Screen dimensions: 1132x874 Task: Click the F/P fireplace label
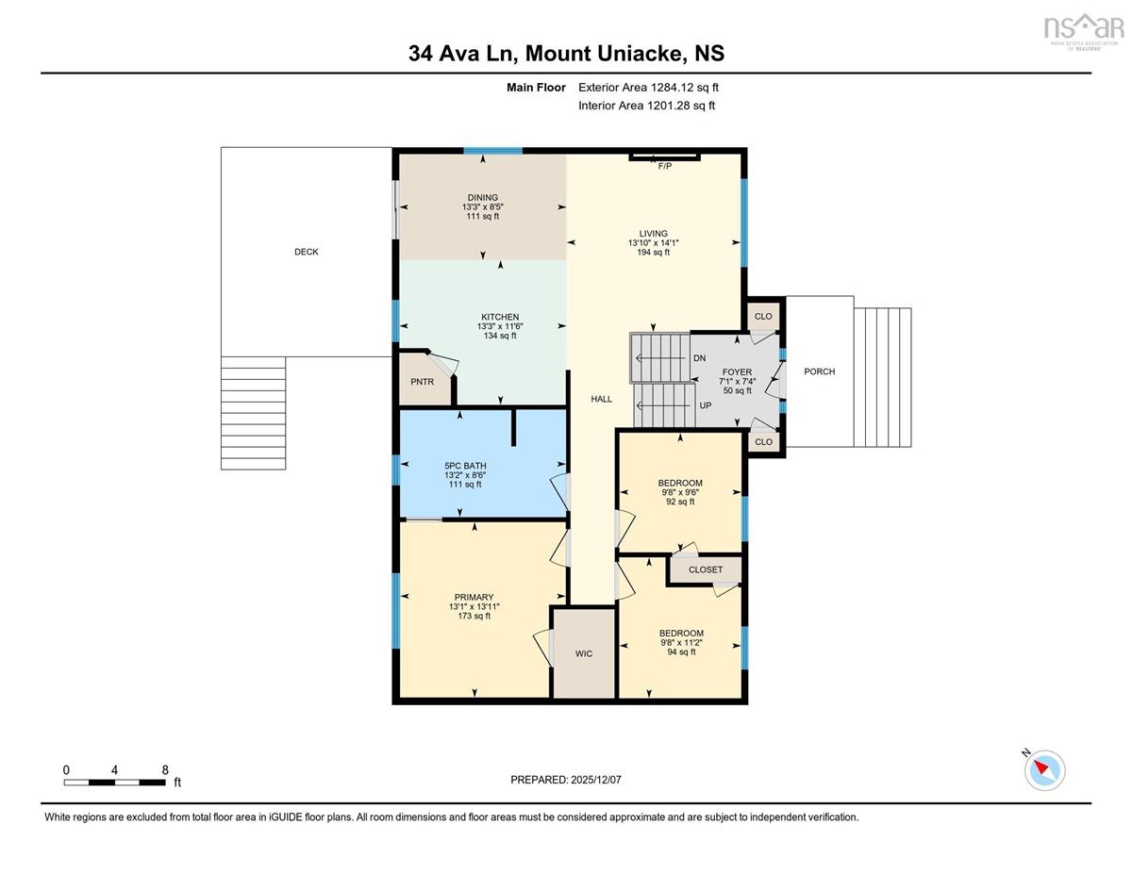[665, 166]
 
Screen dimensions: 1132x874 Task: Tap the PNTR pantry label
[422, 382]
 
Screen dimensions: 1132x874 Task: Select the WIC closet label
[583, 653]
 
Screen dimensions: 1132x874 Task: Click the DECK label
[307, 252]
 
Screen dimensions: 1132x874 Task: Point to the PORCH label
[820, 371]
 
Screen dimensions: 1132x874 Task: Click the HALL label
[601, 399]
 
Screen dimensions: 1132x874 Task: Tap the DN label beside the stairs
[700, 358]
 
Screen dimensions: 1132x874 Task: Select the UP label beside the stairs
[706, 405]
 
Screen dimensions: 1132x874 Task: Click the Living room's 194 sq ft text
[653, 253]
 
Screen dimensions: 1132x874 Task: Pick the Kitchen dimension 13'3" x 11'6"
[500, 326]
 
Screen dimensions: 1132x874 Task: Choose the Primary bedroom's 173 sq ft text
[474, 616]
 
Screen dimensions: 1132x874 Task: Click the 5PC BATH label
[465, 466]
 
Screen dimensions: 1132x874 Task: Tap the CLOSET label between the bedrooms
[706, 569]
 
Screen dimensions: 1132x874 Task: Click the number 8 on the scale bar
[165, 770]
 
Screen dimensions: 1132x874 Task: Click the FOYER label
[737, 372]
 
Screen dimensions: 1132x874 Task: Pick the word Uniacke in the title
[631, 54]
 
